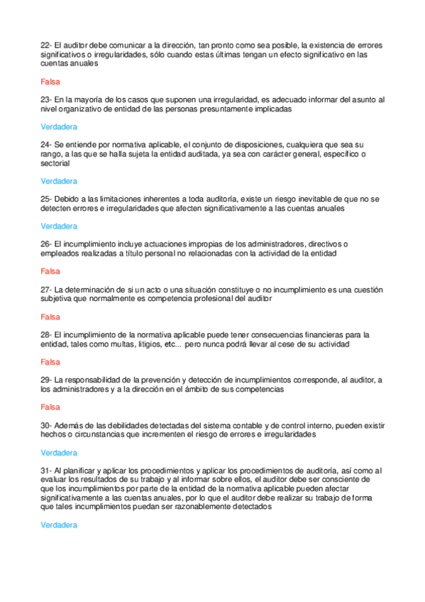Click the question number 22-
[46, 44]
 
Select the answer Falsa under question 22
[50, 82]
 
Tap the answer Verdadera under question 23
[59, 127]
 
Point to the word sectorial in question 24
[57, 163]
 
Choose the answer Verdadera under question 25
[59, 226]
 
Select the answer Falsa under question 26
[50, 271]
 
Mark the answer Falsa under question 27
[50, 317]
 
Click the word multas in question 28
[138, 344]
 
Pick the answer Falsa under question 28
[50, 362]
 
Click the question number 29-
[46, 380]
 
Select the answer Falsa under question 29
[50, 407]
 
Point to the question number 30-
[46, 425]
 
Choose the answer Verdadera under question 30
[59, 452]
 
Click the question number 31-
[46, 470]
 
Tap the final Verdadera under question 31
[59, 525]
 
